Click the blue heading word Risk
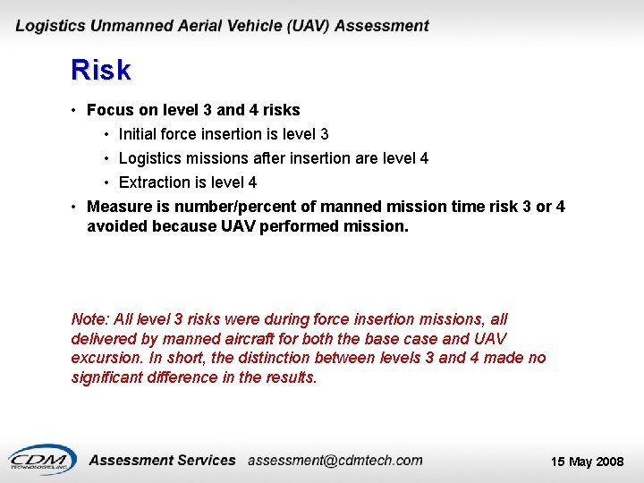[x=101, y=70]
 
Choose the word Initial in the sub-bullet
[x=139, y=134]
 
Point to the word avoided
[x=117, y=226]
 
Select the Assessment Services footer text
[x=163, y=461]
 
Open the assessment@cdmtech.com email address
[x=335, y=461]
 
